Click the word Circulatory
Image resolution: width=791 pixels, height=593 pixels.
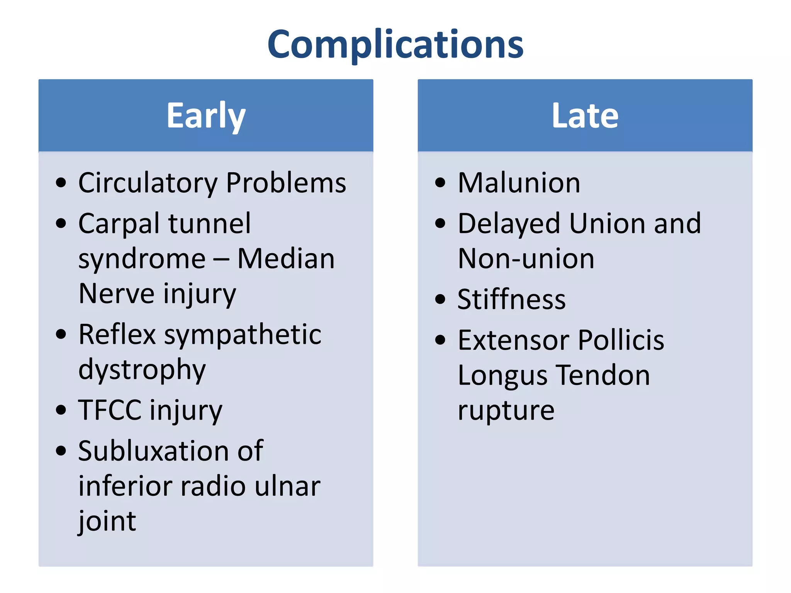click(148, 183)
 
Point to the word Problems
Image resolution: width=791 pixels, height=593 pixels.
click(286, 183)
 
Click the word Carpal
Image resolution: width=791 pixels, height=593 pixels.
click(119, 224)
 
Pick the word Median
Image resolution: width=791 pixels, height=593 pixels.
click(286, 259)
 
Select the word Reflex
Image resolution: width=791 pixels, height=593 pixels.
click(117, 334)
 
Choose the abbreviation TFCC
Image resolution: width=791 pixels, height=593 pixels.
click(110, 410)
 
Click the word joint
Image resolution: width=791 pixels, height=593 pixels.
click(107, 521)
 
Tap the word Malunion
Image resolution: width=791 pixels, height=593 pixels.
click(519, 183)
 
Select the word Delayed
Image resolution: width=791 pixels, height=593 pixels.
click(509, 224)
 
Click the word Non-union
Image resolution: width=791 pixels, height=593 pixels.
click(526, 259)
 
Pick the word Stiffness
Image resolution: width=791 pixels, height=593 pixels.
click(511, 300)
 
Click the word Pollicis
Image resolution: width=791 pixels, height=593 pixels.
click(621, 341)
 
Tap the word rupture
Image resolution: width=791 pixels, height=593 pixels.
click(506, 410)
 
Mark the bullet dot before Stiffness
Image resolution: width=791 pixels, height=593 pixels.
click(440, 299)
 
